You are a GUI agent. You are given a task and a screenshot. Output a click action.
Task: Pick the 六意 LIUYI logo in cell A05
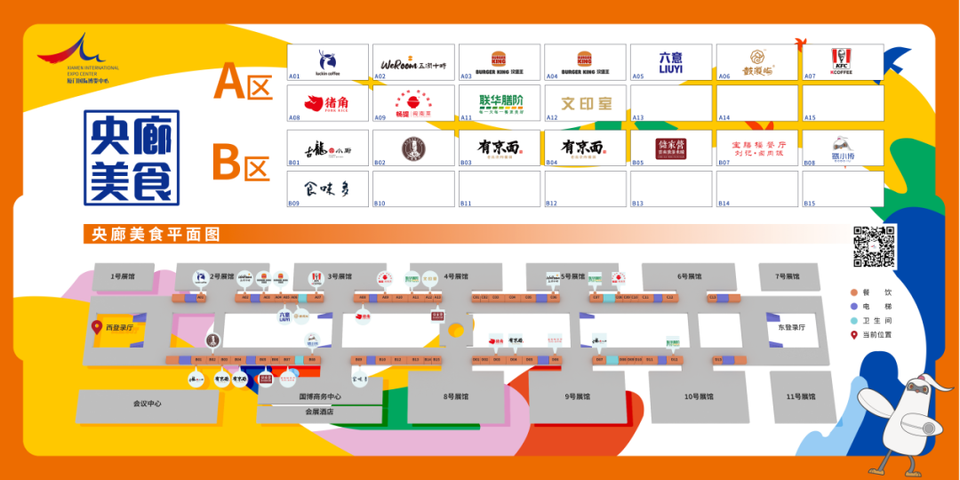[671, 61]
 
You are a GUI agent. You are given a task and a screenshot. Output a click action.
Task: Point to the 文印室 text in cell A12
[586, 103]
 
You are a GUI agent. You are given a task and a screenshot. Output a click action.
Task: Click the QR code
[875, 246]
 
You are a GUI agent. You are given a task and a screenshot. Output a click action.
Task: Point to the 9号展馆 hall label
[577, 396]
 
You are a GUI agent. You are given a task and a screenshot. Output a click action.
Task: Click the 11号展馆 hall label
[801, 396]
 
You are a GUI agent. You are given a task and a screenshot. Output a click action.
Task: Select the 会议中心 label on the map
[147, 404]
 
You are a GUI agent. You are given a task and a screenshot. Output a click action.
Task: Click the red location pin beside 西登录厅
[97, 327]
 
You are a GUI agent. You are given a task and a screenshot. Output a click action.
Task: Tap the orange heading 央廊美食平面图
[150, 235]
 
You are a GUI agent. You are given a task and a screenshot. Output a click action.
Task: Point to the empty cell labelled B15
[843, 189]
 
